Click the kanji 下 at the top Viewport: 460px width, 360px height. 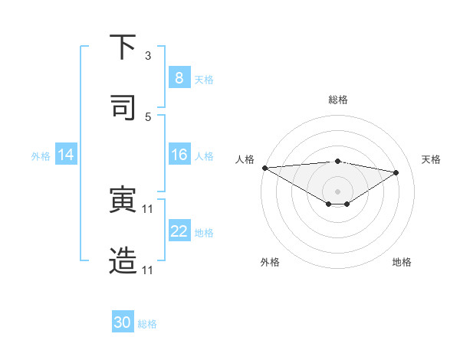(123, 48)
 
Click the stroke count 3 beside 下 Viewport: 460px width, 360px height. (148, 56)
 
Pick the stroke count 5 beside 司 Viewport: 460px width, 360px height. (148, 116)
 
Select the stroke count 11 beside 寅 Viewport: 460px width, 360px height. (148, 208)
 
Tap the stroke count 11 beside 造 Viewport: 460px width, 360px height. (148, 270)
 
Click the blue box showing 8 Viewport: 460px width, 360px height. (179, 78)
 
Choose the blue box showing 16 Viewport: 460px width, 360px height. (179, 155)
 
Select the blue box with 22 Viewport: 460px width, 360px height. (179, 231)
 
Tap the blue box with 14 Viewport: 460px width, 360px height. (65, 155)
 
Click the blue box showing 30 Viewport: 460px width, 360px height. (123, 322)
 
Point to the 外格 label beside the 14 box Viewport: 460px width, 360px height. (41, 155)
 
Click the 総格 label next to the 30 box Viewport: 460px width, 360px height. (147, 324)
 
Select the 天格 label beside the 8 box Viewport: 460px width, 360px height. (204, 79)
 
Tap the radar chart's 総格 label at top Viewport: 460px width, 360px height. (338, 100)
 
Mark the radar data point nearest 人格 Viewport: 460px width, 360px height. (264, 168)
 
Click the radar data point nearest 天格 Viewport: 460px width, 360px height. (396, 172)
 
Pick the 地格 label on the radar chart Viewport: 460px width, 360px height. (402, 262)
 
